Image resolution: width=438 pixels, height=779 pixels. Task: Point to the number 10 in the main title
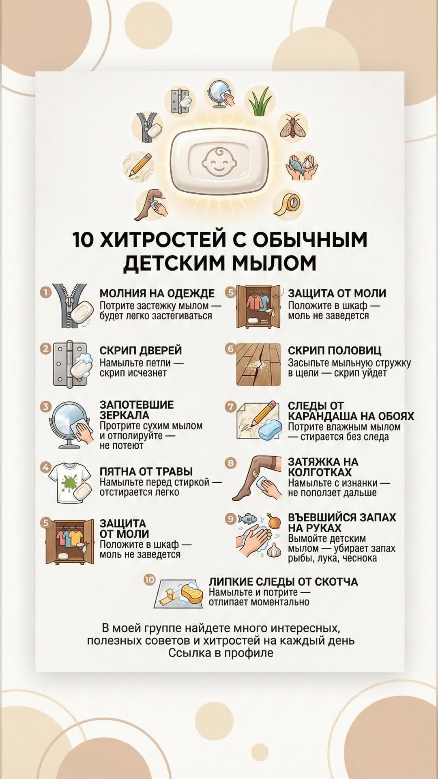coord(83,239)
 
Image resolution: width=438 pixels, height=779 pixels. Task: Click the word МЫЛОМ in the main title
coord(274,263)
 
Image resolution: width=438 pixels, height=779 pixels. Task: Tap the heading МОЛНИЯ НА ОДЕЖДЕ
coord(157,293)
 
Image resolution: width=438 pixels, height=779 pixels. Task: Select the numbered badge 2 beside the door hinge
coord(46,349)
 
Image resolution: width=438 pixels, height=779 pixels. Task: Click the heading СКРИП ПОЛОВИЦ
coord(335,351)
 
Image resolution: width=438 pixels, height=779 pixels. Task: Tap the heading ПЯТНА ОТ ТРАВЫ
coord(146,471)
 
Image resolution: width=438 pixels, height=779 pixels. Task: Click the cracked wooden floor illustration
coord(258,364)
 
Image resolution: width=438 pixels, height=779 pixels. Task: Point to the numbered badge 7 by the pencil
coord(231,407)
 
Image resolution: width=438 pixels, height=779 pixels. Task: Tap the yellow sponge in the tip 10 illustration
coord(192,593)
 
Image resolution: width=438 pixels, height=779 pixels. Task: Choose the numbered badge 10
coord(149,579)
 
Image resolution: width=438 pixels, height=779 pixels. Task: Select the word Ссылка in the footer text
coord(188,653)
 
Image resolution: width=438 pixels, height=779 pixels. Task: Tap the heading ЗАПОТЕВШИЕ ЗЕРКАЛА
coord(137,410)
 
